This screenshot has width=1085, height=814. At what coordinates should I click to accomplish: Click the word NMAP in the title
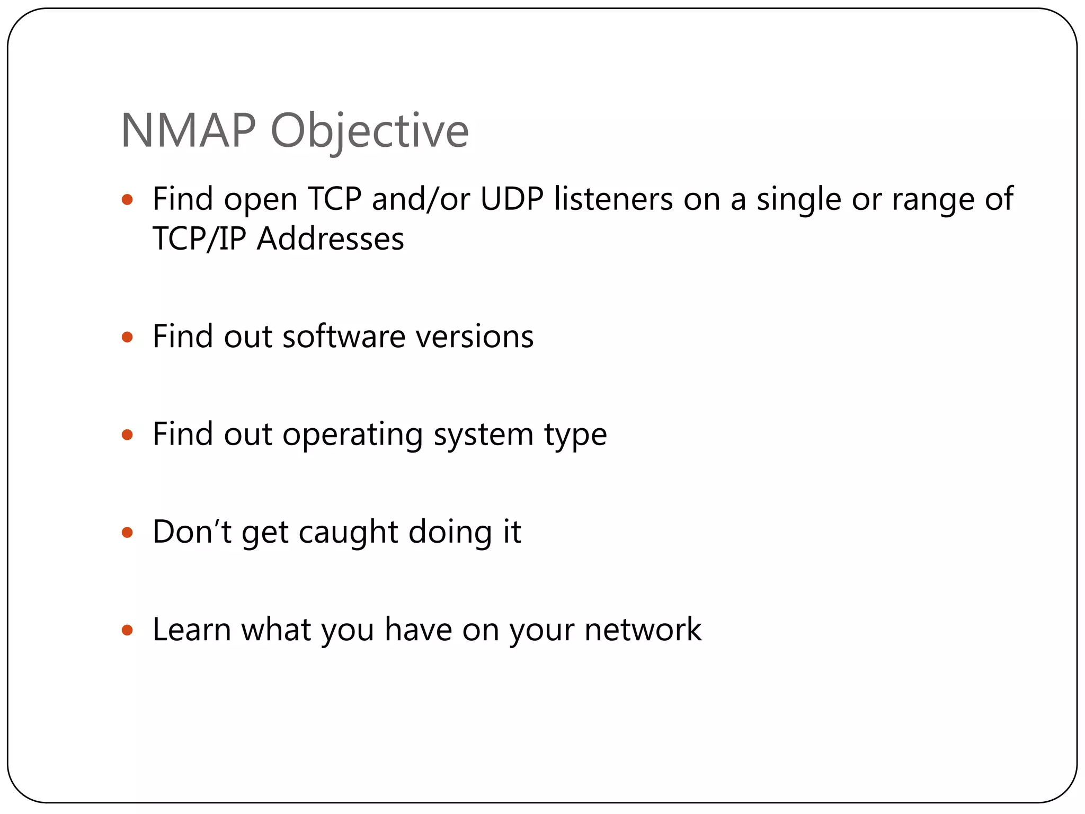(188, 131)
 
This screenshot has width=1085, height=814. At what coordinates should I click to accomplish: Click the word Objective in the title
(369, 132)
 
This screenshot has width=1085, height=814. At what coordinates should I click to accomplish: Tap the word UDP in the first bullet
(512, 199)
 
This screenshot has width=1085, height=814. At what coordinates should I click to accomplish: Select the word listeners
(613, 199)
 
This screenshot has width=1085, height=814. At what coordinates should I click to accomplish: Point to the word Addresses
(330, 238)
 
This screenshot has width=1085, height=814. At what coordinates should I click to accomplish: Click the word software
(344, 337)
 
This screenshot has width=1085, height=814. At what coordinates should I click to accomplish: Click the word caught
(348, 532)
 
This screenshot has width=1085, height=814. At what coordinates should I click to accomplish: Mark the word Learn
(192, 630)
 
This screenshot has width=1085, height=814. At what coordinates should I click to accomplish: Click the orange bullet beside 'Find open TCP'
(127, 200)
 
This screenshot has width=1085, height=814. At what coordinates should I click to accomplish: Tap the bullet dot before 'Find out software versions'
(127, 337)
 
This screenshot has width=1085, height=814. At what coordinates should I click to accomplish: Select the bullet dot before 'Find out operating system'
(127, 435)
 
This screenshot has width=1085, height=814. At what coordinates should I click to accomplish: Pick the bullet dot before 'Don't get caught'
(127, 532)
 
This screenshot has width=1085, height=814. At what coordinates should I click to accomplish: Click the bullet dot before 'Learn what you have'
(127, 630)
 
